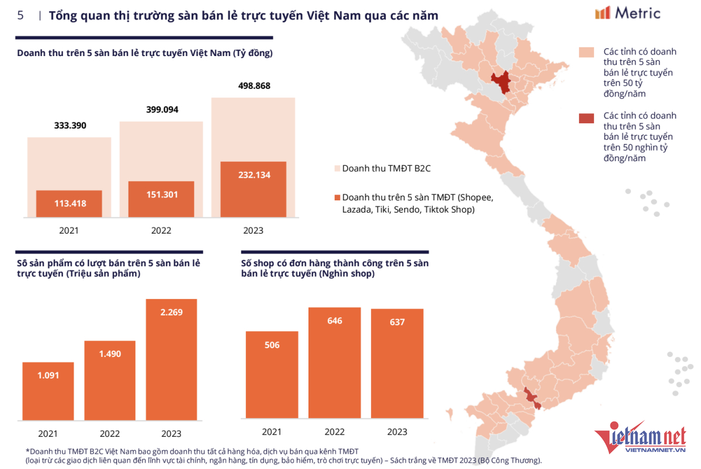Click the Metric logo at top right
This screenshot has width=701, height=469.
(x=627, y=13)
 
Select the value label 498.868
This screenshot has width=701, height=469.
(x=254, y=86)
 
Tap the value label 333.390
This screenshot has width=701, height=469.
(x=69, y=125)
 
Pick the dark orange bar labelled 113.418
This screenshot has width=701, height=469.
(x=69, y=203)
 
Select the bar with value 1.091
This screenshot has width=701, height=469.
(x=48, y=390)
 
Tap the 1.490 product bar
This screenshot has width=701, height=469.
(x=110, y=380)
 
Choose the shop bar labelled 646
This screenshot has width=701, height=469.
(x=335, y=362)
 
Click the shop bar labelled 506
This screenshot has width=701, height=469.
(x=272, y=374)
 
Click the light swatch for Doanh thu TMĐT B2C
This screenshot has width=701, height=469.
(x=336, y=169)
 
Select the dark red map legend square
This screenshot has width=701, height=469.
(x=586, y=119)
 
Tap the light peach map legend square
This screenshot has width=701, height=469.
(x=586, y=52)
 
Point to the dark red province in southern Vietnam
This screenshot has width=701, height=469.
(x=531, y=397)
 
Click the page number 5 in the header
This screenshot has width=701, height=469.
(x=20, y=16)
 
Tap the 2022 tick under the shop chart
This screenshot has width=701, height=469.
(x=335, y=432)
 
